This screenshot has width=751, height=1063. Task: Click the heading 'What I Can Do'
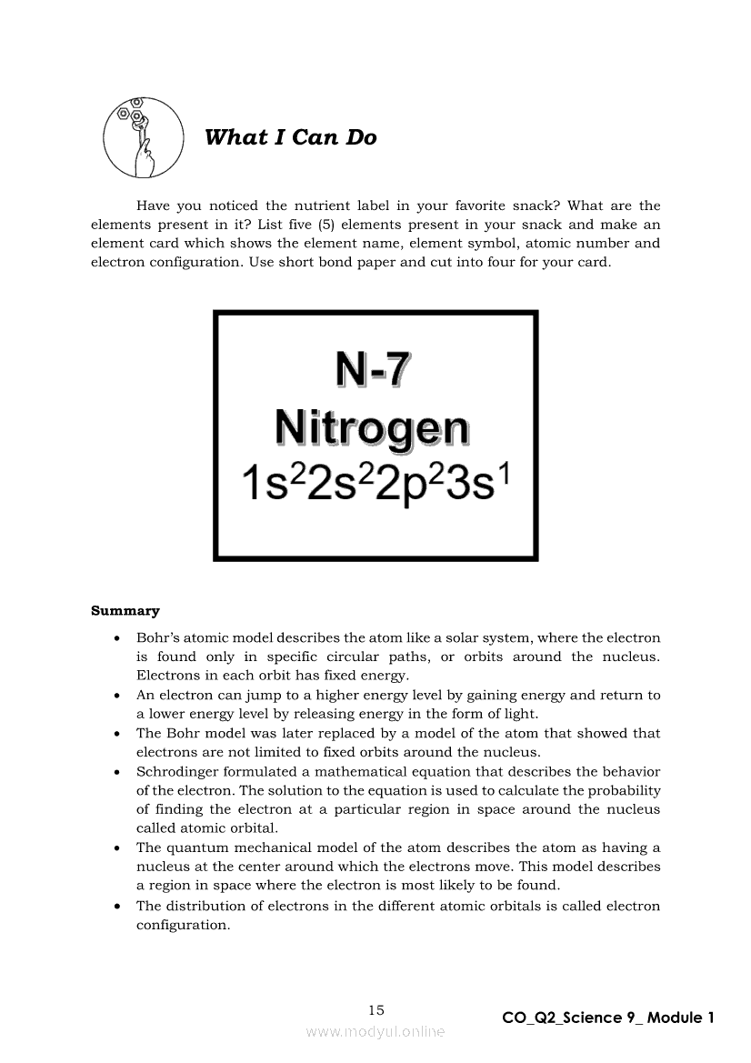[290, 137]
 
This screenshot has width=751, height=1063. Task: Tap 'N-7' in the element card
[373, 369]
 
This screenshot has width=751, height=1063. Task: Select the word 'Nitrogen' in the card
[372, 427]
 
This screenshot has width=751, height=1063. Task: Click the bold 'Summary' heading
[125, 611]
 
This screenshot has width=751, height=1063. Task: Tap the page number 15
[376, 1009]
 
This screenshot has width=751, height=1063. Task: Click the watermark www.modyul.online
[375, 1032]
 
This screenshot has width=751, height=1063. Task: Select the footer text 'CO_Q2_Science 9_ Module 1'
[608, 1018]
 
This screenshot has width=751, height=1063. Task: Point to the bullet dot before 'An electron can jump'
[117, 696]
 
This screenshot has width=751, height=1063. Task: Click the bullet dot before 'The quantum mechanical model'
[117, 848]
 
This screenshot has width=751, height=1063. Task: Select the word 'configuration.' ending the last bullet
[183, 925]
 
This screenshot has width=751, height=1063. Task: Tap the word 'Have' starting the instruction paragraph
[153, 206]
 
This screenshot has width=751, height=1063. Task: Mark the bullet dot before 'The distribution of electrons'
[117, 907]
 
